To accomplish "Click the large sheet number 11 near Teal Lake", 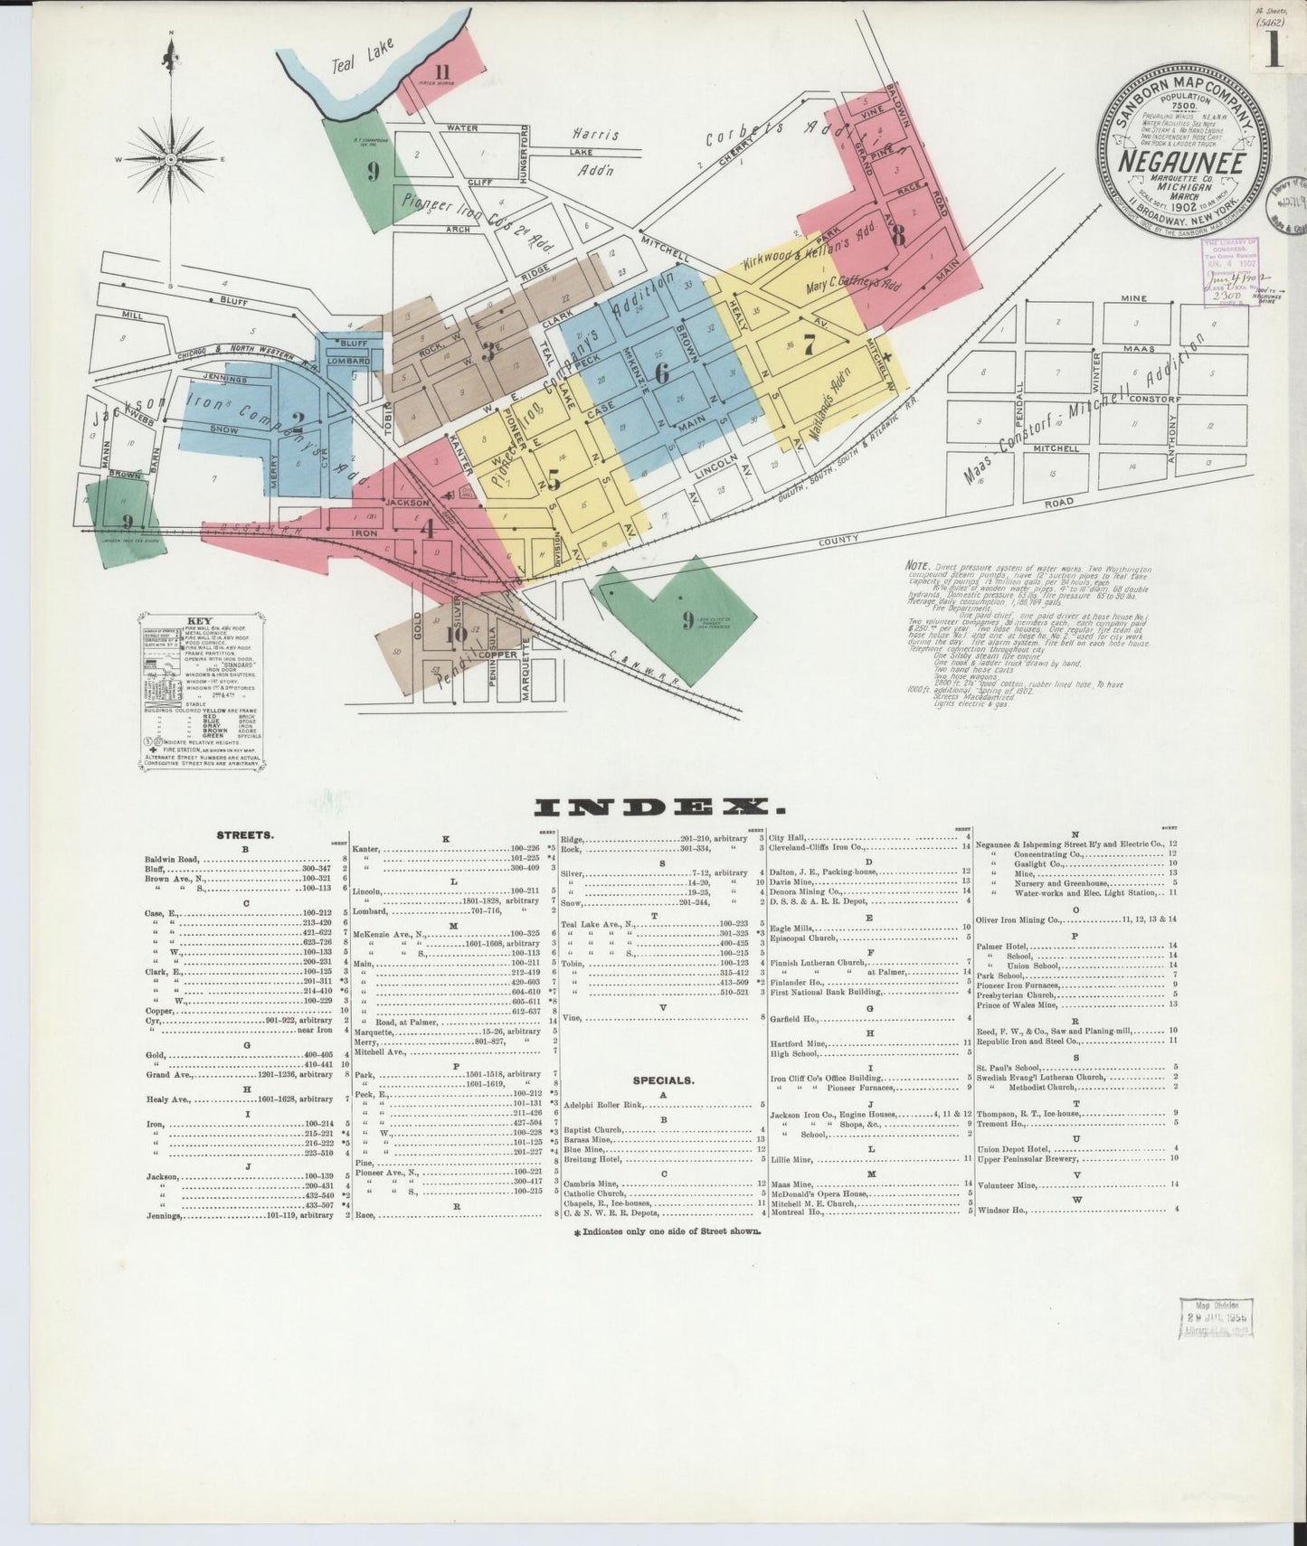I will pos(442,72).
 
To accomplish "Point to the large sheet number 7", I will pos(810,344).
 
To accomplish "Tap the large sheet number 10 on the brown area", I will pos(457,634).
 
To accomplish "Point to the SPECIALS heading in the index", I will pos(664,1079).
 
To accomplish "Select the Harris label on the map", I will pos(595,135).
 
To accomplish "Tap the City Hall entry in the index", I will pos(793,837).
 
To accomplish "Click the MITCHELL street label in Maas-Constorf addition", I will pos(1056,448).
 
